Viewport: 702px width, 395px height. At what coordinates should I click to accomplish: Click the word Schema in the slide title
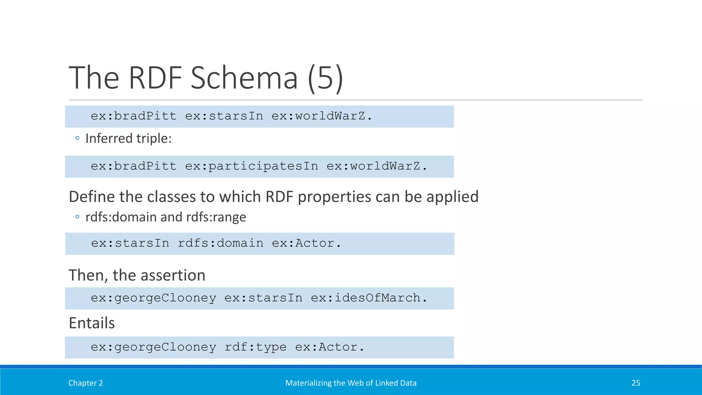tap(244, 78)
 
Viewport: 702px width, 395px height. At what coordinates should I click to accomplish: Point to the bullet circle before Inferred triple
tap(77, 138)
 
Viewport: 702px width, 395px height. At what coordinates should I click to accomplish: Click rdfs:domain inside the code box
tap(220, 243)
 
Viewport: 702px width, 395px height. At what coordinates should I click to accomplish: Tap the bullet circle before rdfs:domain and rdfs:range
tap(77, 217)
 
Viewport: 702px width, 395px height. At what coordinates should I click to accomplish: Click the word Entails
tap(92, 323)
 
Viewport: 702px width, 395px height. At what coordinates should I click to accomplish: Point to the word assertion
tap(173, 275)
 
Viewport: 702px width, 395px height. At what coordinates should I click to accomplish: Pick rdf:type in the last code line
tap(255, 347)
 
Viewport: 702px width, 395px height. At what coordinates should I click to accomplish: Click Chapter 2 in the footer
tap(86, 383)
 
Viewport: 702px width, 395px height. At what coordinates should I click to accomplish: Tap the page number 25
tap(636, 383)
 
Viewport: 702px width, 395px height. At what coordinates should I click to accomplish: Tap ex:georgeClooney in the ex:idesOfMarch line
tap(154, 298)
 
